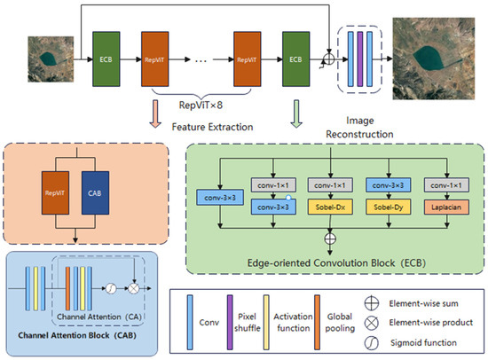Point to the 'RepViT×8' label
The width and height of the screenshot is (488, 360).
[201, 103]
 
